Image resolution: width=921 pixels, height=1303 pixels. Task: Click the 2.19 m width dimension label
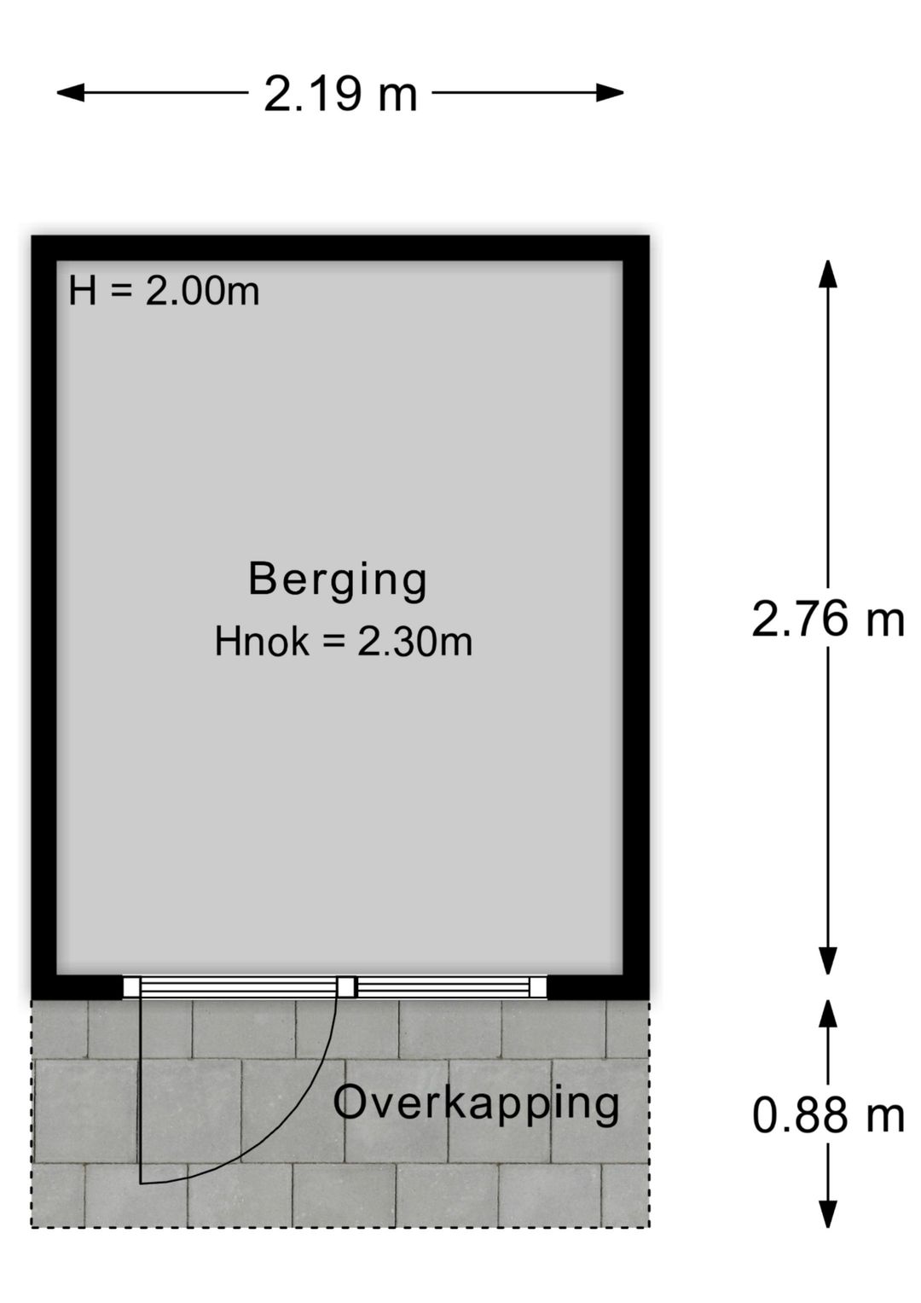[340, 94]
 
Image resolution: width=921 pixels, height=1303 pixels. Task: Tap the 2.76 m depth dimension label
[827, 619]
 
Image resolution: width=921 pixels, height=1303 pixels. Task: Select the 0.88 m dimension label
[827, 1115]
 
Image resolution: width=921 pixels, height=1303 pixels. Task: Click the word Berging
[338, 579]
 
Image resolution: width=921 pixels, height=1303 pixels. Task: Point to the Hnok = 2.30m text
[343, 642]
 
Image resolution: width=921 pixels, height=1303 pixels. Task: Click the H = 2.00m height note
[164, 292]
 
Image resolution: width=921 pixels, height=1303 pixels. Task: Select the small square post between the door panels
[345, 987]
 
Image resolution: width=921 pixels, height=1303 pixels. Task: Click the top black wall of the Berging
[340, 248]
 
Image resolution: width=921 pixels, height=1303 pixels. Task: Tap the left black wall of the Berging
[43, 614]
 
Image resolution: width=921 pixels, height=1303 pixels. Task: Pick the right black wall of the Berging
[636, 614]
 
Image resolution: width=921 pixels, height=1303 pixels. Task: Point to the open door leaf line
[141, 1092]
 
